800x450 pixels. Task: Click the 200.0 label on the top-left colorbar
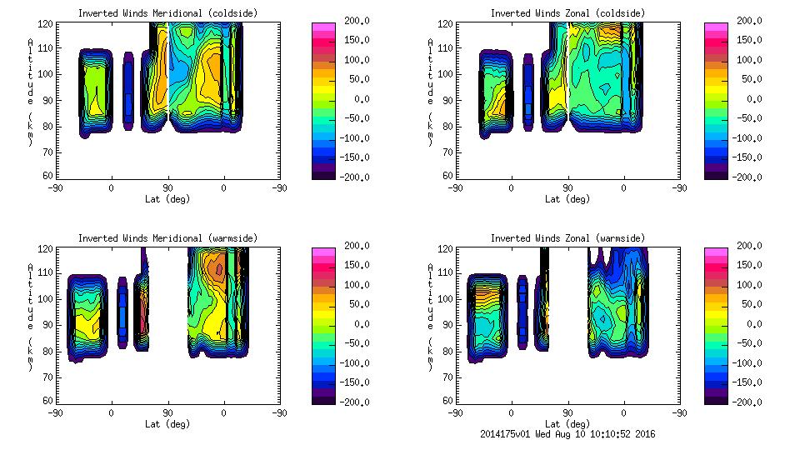click(352, 21)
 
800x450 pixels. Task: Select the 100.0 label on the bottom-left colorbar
click(352, 285)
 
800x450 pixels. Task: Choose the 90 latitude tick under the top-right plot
click(567, 188)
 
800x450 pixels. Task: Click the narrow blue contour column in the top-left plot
click(127, 92)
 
